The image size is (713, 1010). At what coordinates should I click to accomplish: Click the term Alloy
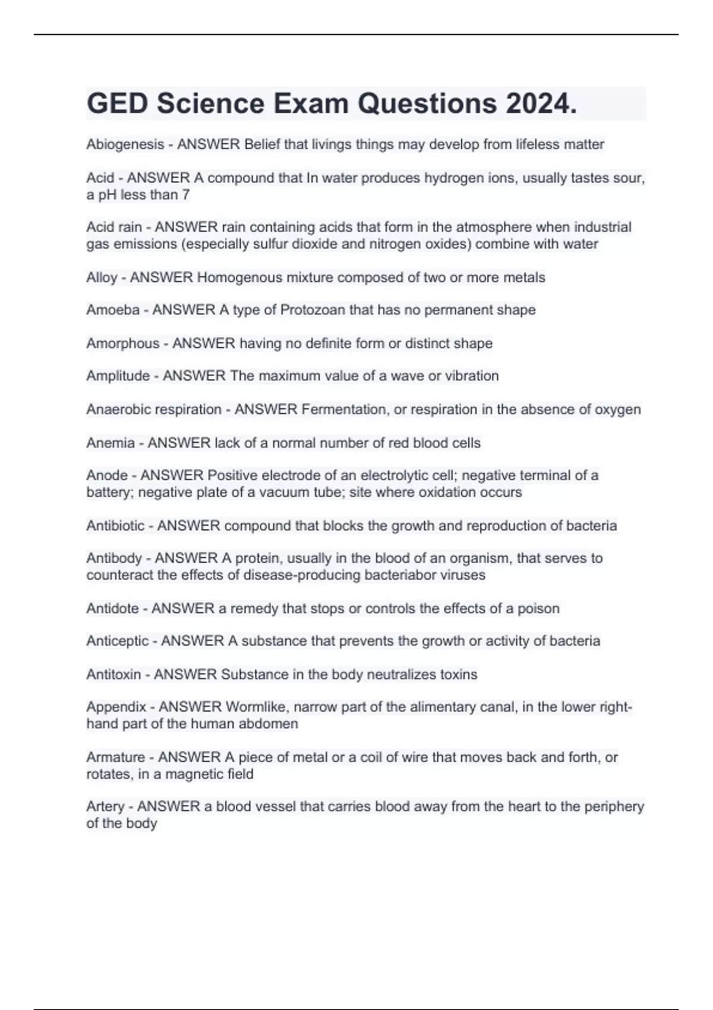pyautogui.click(x=102, y=277)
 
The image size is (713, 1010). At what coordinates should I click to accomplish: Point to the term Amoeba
pyautogui.click(x=113, y=310)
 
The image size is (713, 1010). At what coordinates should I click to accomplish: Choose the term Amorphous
pyautogui.click(x=123, y=343)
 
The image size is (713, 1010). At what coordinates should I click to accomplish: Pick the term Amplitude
pyautogui.click(x=118, y=376)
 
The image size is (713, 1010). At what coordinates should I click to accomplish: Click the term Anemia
pyautogui.click(x=111, y=443)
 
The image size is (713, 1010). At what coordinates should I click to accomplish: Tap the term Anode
pyautogui.click(x=107, y=475)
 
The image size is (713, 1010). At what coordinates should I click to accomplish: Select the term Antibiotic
pyautogui.click(x=115, y=526)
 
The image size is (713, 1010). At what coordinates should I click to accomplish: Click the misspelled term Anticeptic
pyautogui.click(x=118, y=641)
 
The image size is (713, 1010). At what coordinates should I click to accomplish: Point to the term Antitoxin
pyautogui.click(x=113, y=674)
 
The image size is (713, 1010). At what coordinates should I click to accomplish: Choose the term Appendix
pyautogui.click(x=116, y=707)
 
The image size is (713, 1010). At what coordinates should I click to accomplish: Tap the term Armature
pyautogui.click(x=115, y=757)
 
